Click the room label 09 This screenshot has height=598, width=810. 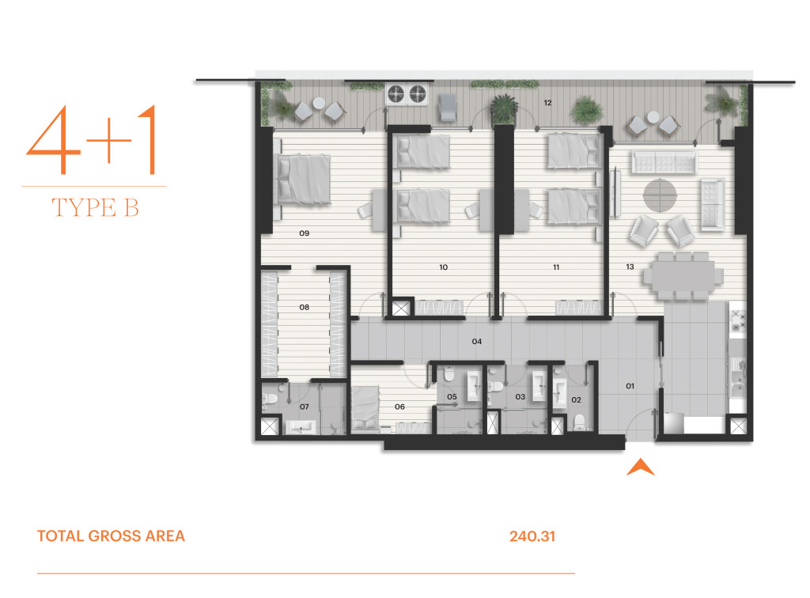coord(305,233)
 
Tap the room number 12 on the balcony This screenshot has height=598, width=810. coord(547,103)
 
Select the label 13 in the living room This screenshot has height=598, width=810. coord(630,267)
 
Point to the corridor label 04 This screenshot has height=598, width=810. coord(477,342)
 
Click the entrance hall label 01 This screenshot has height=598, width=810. coord(630,386)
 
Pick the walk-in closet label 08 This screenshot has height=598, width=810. coord(305,307)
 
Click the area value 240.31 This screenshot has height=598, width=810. coord(532,536)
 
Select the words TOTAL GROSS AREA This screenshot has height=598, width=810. coord(111,536)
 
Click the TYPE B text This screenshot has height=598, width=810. coord(96,207)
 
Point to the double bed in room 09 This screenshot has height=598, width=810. coord(304,180)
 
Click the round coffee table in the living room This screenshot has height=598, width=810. coord(660,195)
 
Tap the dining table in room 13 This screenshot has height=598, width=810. coord(683,276)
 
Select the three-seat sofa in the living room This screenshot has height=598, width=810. coord(664,162)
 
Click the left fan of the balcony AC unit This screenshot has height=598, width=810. coord(396,94)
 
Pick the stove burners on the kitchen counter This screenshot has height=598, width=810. coord(737,320)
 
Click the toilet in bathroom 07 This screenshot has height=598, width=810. coord(270,399)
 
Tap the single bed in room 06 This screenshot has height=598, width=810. coord(365,408)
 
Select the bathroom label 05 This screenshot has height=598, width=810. coord(452,396)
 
